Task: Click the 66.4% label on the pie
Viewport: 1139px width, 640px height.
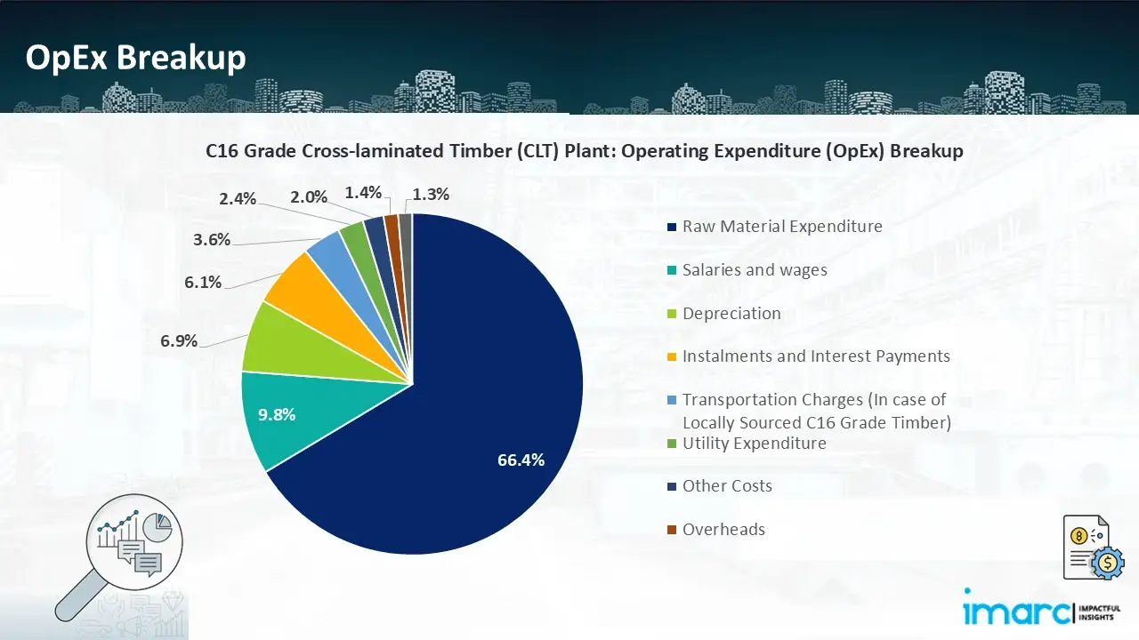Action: coord(521,460)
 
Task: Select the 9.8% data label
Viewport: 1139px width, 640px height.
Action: coord(278,414)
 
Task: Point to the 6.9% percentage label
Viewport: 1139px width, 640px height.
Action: coord(179,340)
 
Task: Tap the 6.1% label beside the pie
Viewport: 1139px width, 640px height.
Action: coord(203,282)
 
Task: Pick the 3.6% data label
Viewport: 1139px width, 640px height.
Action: coord(212,239)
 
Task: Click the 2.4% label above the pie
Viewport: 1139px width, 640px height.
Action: coord(238,199)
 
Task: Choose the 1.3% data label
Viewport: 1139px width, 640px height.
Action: coord(432,194)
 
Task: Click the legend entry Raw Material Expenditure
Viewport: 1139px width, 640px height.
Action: coord(781,227)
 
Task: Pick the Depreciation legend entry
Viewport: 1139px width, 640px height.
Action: coord(731,314)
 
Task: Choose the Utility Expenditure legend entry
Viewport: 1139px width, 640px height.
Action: coord(754,444)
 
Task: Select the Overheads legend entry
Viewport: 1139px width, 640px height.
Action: coord(723,530)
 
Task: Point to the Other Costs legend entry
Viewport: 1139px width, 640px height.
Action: coord(726,486)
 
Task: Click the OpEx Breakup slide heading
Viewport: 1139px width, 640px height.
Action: coord(135,58)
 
